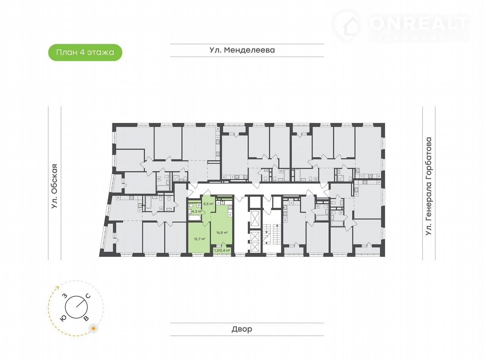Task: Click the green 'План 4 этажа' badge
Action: click(85, 52)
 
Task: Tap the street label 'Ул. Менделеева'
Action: click(242, 50)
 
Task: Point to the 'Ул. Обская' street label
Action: click(54, 186)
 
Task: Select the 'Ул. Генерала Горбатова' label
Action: click(429, 186)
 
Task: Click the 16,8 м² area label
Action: click(222, 233)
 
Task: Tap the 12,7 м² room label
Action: click(199, 239)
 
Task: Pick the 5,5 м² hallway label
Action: click(208, 204)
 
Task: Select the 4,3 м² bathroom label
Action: click(196, 211)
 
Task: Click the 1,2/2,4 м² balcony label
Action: click(222, 250)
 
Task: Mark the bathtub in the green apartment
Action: click(195, 218)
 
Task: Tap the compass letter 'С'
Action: click(88, 296)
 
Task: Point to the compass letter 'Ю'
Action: click(63, 319)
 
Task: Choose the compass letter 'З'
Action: click(65, 296)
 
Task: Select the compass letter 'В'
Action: click(86, 318)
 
